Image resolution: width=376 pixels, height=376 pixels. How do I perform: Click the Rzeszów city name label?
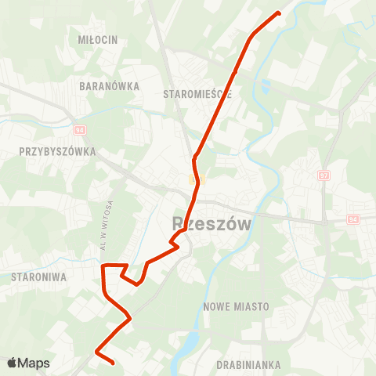(x=211, y=224)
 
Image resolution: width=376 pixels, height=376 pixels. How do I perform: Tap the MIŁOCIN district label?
(x=98, y=39)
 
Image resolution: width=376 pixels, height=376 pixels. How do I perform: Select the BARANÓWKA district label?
(x=110, y=85)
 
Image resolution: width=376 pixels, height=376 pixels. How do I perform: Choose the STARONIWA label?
(x=38, y=277)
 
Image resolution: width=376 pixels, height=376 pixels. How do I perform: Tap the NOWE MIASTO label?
(x=236, y=305)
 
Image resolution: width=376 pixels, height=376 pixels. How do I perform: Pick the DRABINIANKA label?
(x=249, y=365)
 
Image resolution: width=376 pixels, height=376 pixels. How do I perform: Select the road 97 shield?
(x=324, y=176)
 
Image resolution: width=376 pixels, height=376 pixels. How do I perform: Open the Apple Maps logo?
(x=28, y=363)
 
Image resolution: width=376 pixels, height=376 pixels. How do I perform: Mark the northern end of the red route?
(x=279, y=13)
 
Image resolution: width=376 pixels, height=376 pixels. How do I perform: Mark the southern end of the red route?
(x=114, y=363)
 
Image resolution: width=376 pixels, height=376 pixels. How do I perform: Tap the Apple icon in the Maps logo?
(x=12, y=363)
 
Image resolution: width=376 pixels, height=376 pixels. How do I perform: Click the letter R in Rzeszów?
(x=178, y=224)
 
